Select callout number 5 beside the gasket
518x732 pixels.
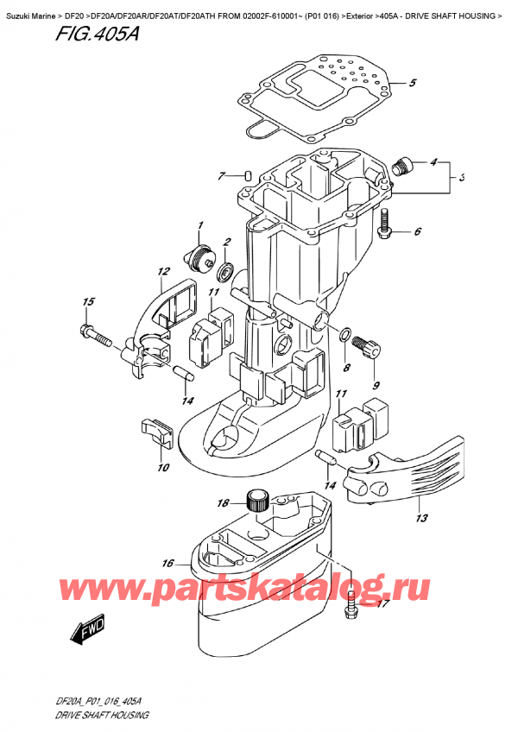click(412, 84)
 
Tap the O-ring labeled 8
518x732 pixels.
click(345, 335)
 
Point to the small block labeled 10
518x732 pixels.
click(152, 427)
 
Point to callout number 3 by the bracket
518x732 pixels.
click(463, 178)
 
